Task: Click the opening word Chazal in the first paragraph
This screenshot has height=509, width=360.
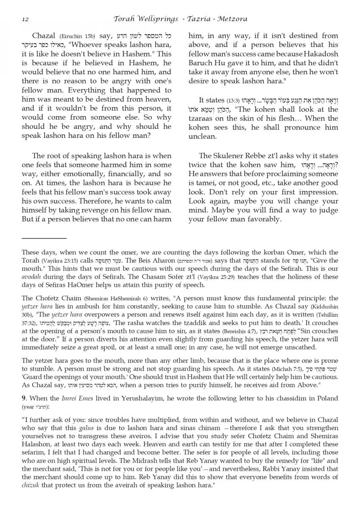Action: [44, 36]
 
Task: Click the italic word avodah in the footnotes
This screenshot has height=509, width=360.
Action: [32, 277]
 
